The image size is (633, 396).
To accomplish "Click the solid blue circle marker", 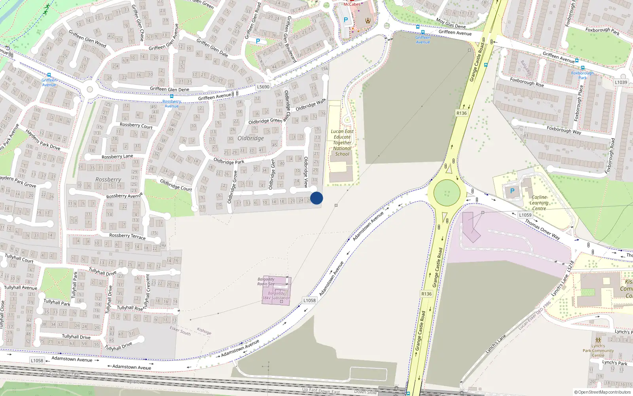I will coord(316,198).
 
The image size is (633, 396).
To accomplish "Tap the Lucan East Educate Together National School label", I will coord(342,143).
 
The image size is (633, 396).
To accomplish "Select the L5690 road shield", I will coord(263,87).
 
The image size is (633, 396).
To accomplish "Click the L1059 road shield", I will coord(525,215).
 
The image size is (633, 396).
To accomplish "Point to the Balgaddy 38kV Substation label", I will coord(276,296).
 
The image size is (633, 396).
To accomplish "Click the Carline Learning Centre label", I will coord(539,203).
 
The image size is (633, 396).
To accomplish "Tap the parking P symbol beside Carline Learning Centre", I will coord(512,191).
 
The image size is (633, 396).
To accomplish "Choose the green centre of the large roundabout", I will coord(447,193).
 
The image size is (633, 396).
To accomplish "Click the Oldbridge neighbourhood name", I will coord(250,138).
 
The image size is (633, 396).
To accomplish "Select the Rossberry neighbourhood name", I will coord(108,179).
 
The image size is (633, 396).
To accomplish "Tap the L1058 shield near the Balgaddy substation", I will coord(309,300).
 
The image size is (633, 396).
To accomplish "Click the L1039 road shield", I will coord(621,82).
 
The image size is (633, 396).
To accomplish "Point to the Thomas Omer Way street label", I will coord(542,229).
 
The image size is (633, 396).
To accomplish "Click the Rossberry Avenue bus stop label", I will coord(172,104).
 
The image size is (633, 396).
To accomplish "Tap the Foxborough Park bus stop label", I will coord(582,75).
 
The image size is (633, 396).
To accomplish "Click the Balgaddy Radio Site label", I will coord(266,282).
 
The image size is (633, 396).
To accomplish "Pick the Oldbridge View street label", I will coord(306,172).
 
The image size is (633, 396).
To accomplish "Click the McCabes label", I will coord(352,4).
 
